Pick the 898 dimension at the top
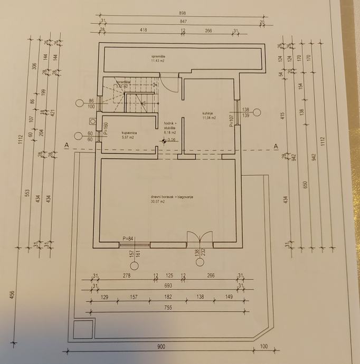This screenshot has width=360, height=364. pos(182,13)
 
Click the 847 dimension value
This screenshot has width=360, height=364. pos(182,22)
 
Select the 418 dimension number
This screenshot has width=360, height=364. pos(144,31)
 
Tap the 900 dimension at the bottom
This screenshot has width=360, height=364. pos(161,347)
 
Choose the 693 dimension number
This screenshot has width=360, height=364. pos(166,286)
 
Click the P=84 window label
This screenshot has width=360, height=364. pos(128,238)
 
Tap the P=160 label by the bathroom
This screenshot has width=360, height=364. pos(106,129)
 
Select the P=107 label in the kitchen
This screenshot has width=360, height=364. pos(231,121)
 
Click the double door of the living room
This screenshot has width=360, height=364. pos(200,238)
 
